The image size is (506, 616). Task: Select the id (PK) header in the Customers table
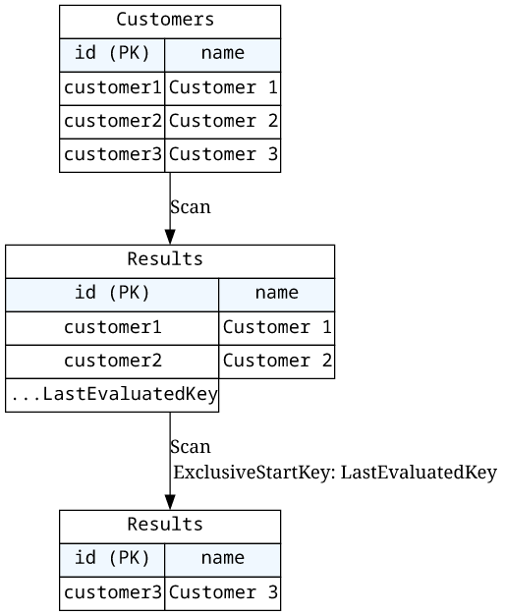112,55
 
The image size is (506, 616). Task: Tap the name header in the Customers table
223,55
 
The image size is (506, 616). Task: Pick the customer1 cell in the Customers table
112,88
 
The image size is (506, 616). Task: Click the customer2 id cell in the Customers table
112,122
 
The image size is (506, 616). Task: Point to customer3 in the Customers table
112,155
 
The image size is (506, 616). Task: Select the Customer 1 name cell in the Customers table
223,88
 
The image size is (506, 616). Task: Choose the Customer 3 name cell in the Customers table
223,155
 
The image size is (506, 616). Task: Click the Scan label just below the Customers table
191,207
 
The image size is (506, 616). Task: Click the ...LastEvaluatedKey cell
112,395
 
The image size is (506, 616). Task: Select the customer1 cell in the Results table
112,328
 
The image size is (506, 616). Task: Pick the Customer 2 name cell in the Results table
277,362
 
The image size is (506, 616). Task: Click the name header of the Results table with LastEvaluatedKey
277,295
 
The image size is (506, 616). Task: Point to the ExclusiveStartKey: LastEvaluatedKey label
335,473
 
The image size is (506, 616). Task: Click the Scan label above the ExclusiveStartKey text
191,447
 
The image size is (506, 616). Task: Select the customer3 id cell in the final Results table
112,593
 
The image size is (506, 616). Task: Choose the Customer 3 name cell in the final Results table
223,593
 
